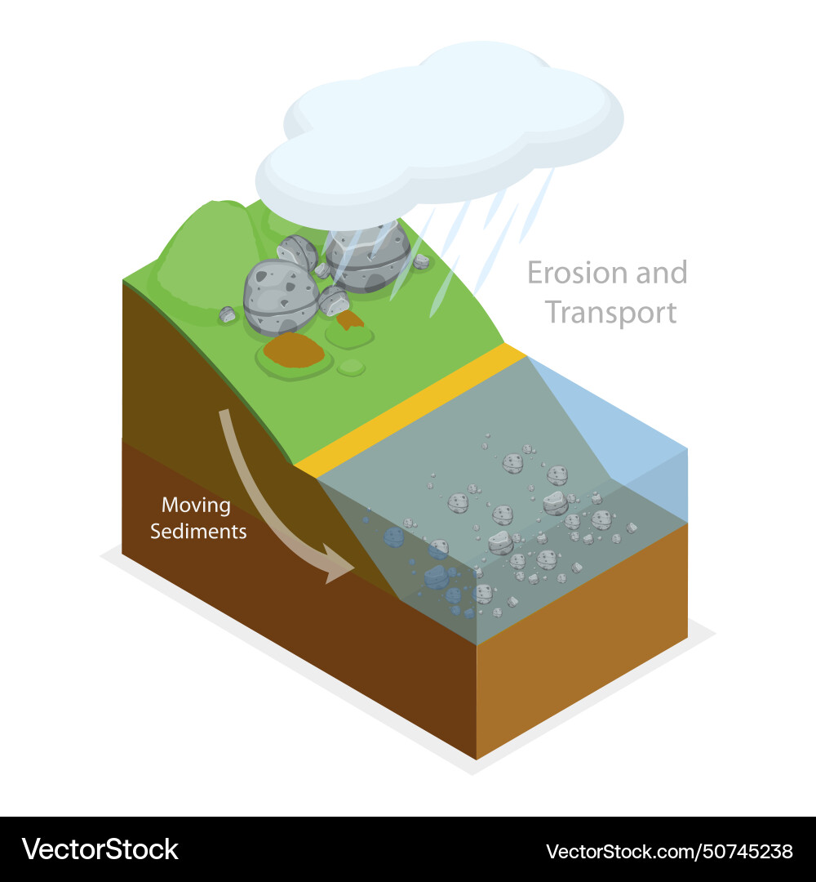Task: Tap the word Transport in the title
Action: coord(611,313)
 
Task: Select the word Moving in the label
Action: coord(196,506)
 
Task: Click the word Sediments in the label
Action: coord(198,532)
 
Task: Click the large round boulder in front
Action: coord(281,297)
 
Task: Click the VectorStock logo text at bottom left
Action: coord(100,849)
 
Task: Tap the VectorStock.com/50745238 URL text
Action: coord(669,851)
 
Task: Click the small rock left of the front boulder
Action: coord(227,314)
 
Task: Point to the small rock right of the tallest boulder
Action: coord(421,261)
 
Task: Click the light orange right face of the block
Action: coord(582,641)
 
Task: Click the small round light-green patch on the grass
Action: coord(351,367)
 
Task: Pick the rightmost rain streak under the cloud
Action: coord(537,205)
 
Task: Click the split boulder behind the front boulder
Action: coord(298,252)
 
